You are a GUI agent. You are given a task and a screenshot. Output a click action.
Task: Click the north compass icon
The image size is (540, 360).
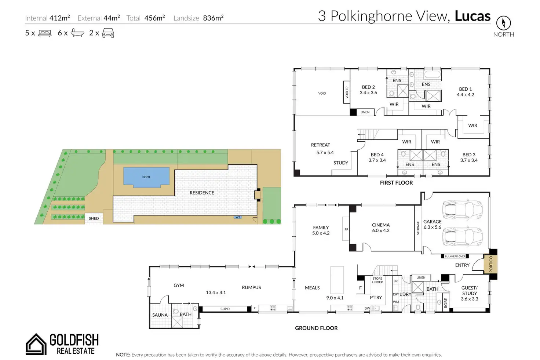pos(503,23)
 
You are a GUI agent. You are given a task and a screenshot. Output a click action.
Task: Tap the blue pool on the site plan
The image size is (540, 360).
pos(146,177)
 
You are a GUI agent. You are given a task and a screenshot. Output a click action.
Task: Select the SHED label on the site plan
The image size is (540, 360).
pos(94,218)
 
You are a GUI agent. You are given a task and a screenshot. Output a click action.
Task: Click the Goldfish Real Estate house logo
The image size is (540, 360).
pos(36,344)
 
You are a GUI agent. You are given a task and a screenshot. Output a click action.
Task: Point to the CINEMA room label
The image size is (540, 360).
pos(381,225)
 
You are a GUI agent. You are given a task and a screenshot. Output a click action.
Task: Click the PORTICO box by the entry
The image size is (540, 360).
pos(491,264)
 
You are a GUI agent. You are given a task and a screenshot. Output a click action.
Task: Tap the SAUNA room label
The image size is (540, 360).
pos(160,315)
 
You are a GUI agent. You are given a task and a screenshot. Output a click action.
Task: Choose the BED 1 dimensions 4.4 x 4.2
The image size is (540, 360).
pos(465,95)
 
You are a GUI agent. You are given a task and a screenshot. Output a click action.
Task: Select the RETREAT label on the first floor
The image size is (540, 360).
pos(321,145)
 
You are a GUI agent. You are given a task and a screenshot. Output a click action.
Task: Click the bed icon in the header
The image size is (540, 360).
pos(45,33)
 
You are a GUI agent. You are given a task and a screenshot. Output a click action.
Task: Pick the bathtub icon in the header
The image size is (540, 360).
pos(77,33)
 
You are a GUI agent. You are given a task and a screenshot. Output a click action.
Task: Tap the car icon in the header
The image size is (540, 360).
pos(108,33)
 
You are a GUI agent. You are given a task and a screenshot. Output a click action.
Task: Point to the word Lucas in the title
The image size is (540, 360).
pos(472,16)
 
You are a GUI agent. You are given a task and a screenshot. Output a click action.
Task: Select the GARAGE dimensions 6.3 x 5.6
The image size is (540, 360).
pos(433,227)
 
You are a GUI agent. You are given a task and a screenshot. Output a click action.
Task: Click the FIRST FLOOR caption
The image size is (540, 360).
pos(396,183)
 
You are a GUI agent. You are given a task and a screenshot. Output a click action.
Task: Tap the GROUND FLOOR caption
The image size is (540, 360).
pos(316,328)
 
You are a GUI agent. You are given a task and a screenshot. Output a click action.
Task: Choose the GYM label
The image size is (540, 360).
pos(179,285)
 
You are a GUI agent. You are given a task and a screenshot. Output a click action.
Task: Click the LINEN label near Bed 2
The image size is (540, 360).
pos(365,112)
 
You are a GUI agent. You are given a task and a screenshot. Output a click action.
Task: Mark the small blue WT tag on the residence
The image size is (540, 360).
pos(238,217)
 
